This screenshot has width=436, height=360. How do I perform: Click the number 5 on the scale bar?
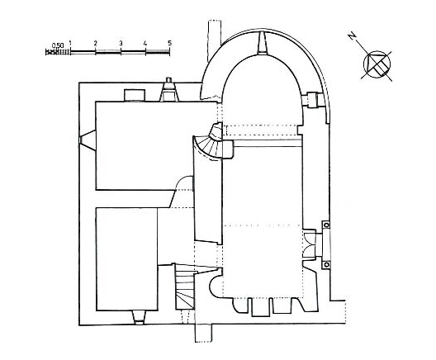point(169,43)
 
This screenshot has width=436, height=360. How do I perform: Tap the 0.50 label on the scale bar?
point(58,45)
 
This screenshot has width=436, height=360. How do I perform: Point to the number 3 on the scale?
point(121,44)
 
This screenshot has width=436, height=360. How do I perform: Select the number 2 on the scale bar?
point(96,44)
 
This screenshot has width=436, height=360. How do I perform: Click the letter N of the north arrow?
point(353,36)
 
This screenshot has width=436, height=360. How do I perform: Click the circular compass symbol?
point(377,64)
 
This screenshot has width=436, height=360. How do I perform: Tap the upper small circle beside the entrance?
point(326,225)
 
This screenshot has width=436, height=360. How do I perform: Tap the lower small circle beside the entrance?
point(326,265)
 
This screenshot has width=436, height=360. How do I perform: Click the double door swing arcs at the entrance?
point(310,244)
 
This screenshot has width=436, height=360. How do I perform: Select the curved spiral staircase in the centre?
point(211,144)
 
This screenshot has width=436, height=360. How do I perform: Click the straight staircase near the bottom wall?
point(185,287)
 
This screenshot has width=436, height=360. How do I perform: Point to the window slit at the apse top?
point(263,43)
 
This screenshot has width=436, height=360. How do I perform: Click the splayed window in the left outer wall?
point(88,140)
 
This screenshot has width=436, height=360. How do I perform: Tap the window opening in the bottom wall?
point(139,317)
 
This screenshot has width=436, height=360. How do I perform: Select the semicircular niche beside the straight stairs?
point(216,287)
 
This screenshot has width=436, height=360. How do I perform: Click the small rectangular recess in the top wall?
point(135,95)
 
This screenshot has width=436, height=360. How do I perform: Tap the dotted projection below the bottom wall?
point(203,333)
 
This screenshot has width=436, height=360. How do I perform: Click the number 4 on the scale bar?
point(145,44)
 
